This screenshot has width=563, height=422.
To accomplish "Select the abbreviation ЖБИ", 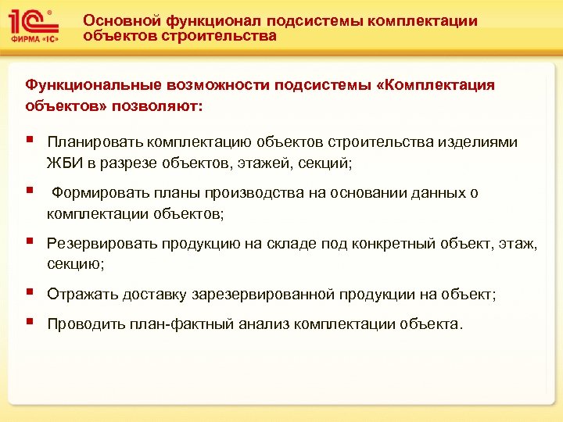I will [60, 163].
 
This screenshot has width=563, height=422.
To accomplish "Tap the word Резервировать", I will [102, 243].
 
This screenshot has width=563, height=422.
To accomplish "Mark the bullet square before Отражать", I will [29, 293].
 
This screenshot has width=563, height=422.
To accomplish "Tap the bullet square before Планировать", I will [29, 141].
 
